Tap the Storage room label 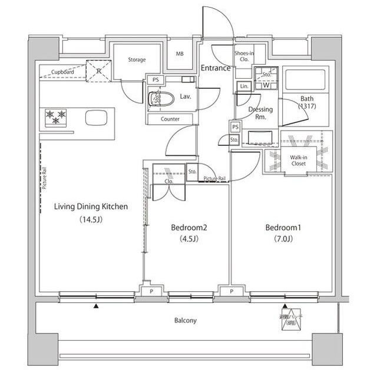point(137,60)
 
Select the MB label point(180,54)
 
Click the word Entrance point(215,68)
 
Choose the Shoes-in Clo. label point(244,56)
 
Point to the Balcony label point(185,321)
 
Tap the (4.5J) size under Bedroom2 point(189,239)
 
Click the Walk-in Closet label point(301,160)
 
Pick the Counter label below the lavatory point(170,119)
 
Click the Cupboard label point(62,72)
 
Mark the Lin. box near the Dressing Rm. point(244,87)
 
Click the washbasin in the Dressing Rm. point(260,138)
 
